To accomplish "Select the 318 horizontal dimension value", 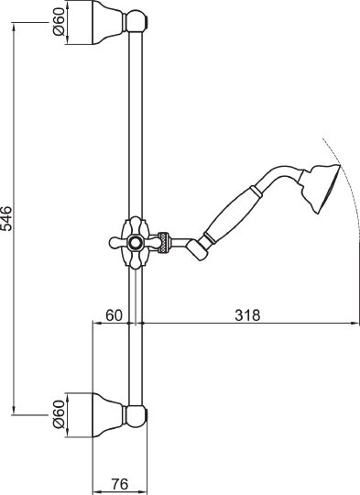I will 246,315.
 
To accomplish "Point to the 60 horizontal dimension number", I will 114,315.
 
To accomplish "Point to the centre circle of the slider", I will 136,243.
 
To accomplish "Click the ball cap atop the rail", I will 136,17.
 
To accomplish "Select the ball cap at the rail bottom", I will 136,417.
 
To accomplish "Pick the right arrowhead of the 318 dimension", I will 354,323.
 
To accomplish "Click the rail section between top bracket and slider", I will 136,119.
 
